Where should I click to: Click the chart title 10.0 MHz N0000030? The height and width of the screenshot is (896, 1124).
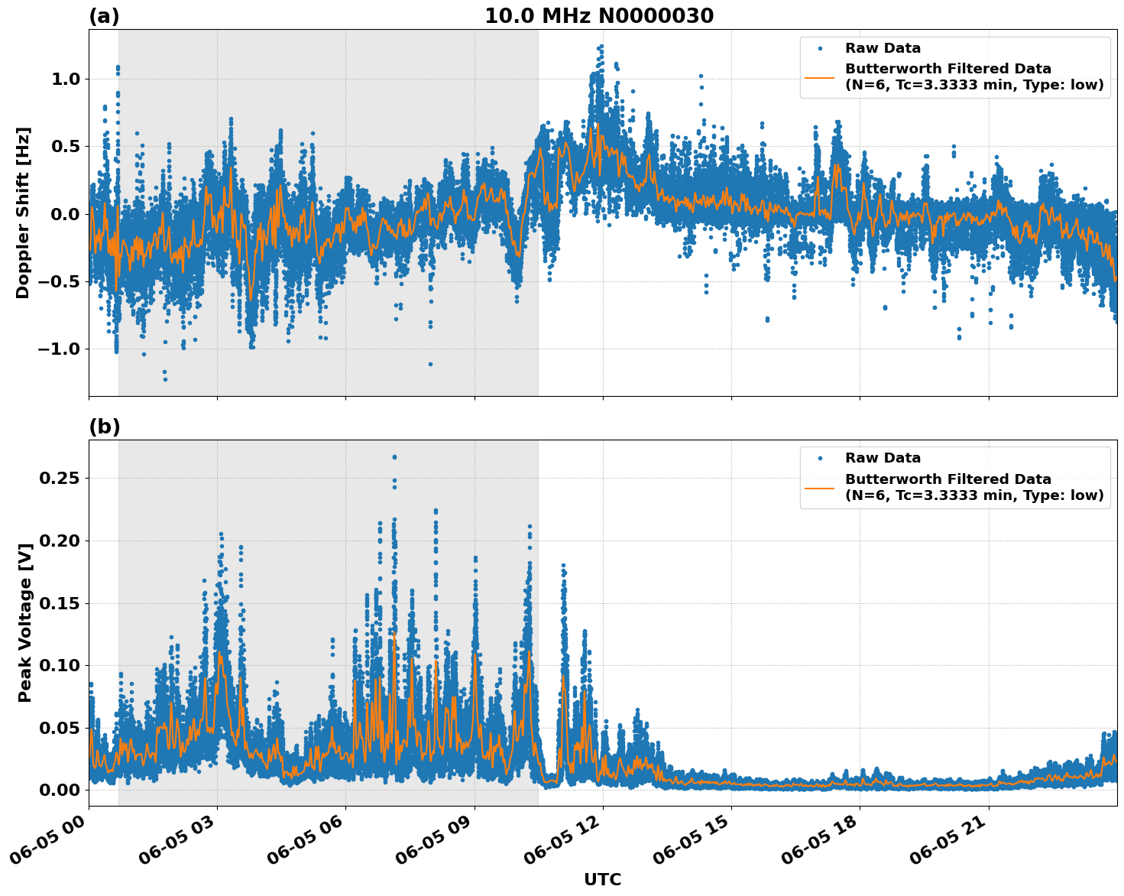pos(598,16)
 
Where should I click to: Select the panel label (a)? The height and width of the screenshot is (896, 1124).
pos(104,16)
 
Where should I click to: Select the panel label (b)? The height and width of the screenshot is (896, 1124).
pos(104,427)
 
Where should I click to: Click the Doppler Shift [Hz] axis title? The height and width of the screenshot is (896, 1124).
pos(23,213)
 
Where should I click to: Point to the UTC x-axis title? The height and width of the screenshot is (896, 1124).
pos(602,879)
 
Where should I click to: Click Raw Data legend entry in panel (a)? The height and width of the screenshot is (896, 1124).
pos(883,48)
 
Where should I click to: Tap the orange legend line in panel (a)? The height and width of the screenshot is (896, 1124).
pos(820,77)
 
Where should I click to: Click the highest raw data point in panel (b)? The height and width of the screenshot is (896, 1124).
pos(394,457)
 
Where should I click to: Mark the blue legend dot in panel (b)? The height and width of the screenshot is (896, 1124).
pos(820,458)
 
